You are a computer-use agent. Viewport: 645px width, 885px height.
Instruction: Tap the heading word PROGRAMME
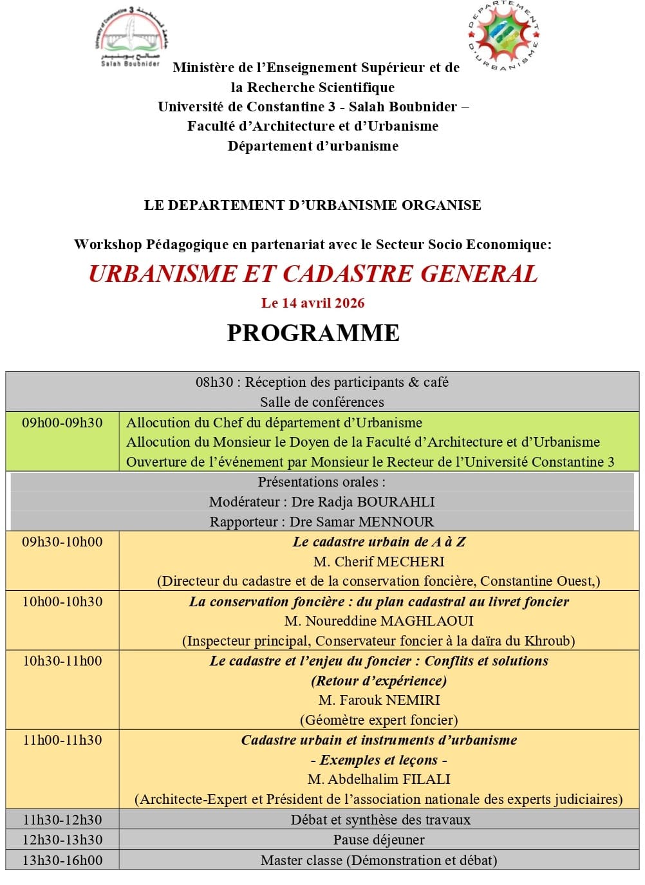tap(313, 333)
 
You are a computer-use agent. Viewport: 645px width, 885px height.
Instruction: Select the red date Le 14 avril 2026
tap(313, 303)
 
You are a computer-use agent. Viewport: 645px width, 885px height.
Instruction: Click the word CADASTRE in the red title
tap(348, 274)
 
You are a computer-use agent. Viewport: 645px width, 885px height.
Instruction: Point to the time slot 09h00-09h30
tap(62, 423)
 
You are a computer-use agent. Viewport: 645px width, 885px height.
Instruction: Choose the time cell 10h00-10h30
tap(62, 602)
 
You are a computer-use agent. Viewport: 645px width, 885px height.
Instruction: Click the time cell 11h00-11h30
tap(62, 740)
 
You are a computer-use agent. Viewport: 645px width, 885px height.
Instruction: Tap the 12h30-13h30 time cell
tap(62, 840)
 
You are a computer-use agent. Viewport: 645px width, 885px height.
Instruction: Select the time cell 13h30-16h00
tap(62, 861)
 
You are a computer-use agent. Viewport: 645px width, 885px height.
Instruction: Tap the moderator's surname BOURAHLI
tap(395, 502)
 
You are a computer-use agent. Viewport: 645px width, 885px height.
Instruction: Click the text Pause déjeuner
tap(379, 840)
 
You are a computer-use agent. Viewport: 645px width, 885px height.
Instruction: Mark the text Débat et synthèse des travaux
tap(380, 820)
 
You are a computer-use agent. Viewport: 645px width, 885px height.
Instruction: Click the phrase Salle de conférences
tap(322, 402)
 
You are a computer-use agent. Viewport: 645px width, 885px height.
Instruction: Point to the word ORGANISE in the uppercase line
tap(441, 205)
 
